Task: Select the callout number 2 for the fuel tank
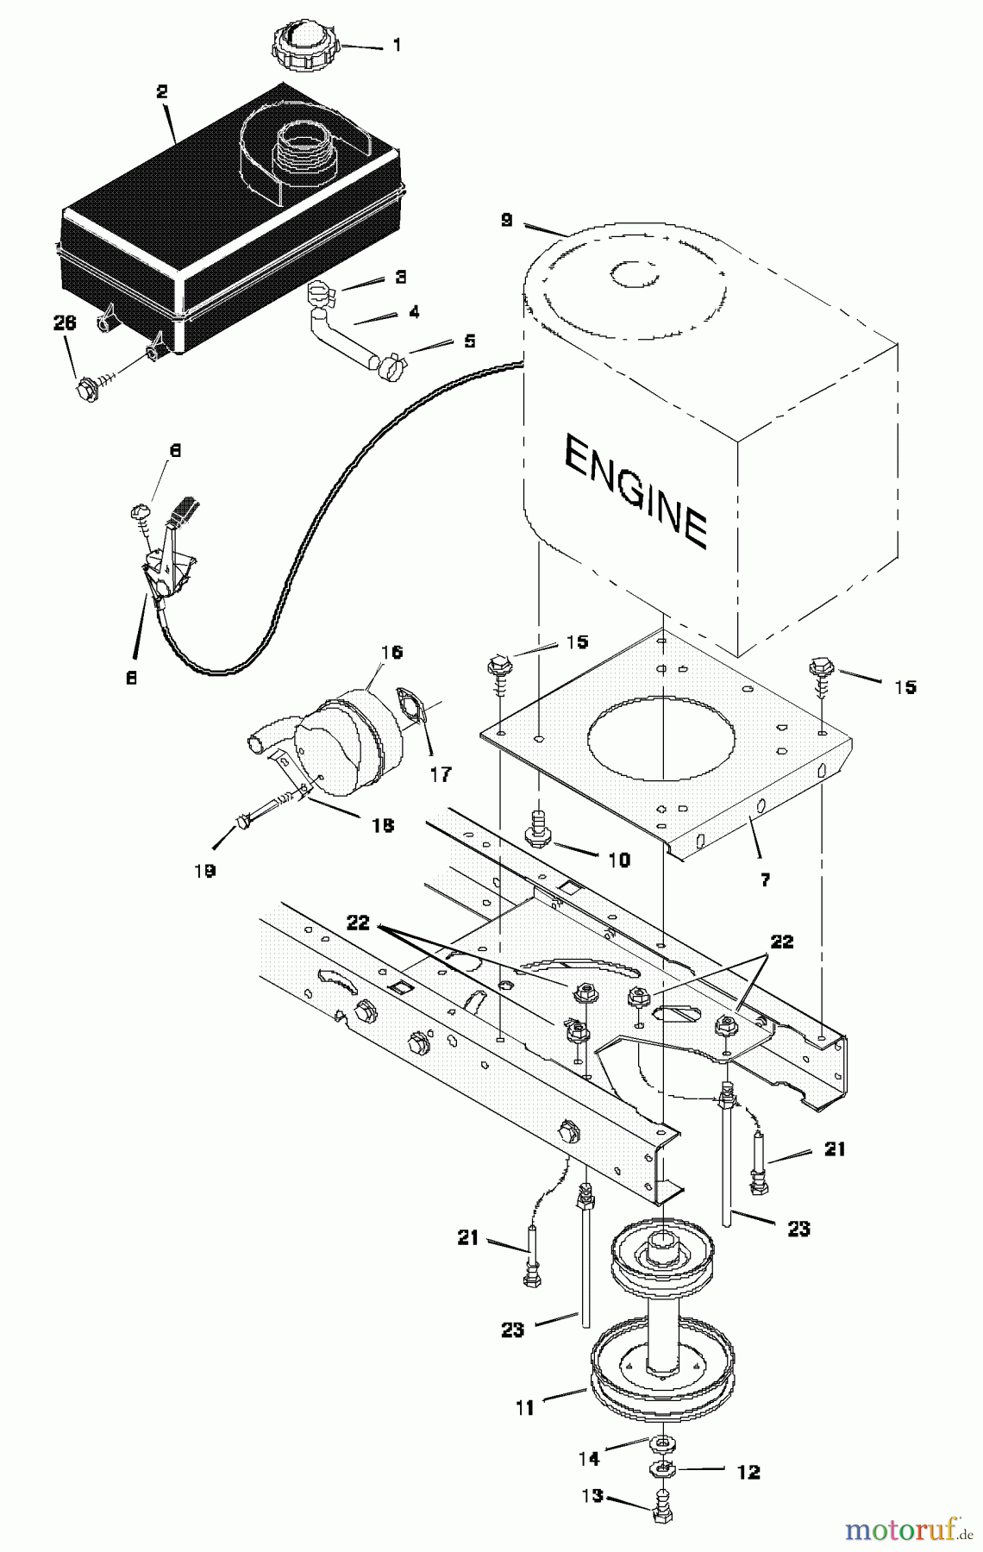162,92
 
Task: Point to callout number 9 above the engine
506,221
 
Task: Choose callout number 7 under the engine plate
765,880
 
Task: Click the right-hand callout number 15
905,687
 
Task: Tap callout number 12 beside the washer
748,1472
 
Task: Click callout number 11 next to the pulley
525,1408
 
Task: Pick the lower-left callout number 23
512,1330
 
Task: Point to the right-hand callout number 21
835,1149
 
